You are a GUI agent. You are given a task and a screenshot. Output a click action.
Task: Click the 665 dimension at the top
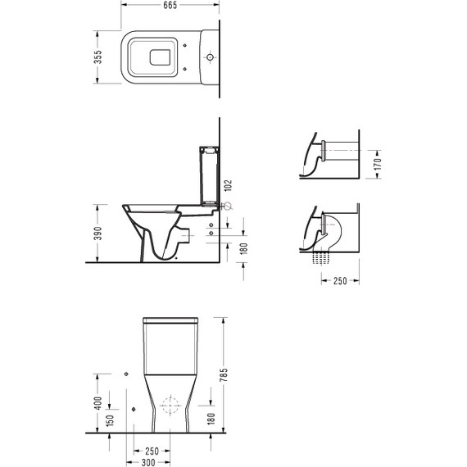click(170, 5)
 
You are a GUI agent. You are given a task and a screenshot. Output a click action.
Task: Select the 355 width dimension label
click(98, 57)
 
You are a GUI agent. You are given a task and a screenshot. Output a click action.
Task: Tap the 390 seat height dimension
click(98, 233)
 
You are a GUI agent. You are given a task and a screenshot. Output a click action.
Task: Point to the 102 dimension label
click(228, 186)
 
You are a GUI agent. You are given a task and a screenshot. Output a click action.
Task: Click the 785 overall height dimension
click(224, 375)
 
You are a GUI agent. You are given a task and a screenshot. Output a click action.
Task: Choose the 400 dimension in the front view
click(98, 403)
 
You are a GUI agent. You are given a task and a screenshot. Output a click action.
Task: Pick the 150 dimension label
click(111, 420)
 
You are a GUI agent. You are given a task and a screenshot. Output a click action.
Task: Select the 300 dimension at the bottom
click(148, 463)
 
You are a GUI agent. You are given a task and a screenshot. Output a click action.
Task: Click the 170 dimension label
click(378, 164)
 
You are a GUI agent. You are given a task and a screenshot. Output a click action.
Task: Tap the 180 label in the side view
click(244, 249)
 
